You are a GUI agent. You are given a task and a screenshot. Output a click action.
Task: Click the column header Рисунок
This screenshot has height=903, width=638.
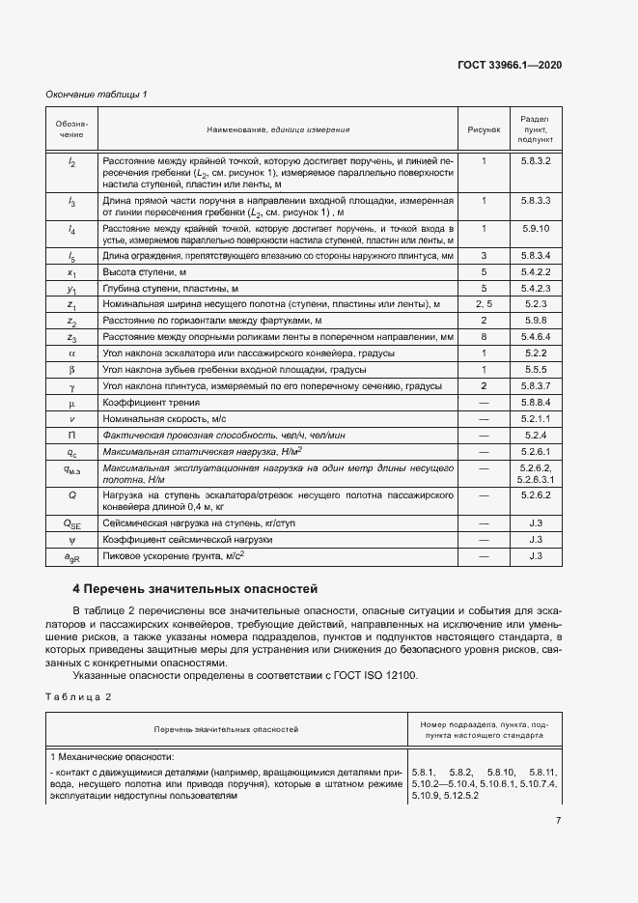click(483, 128)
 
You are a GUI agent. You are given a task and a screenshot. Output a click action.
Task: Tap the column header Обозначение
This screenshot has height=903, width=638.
click(72, 128)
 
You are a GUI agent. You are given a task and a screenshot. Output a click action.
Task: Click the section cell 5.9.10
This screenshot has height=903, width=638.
click(535, 228)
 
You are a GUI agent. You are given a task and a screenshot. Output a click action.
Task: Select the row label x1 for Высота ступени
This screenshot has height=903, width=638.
click(72, 273)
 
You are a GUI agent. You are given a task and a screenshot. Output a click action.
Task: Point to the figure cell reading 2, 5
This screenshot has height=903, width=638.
click(483, 304)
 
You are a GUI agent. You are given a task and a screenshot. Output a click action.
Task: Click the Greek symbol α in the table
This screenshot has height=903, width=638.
click(72, 353)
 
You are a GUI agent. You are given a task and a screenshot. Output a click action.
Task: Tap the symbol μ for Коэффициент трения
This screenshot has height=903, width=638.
click(72, 402)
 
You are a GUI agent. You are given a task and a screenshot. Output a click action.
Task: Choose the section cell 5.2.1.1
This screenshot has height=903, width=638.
click(535, 418)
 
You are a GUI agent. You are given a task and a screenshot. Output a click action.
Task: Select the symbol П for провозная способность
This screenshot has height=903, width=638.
click(72, 435)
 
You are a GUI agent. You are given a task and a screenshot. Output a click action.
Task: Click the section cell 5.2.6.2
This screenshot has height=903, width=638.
click(535, 494)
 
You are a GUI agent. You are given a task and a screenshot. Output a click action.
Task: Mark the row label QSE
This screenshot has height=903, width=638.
click(72, 523)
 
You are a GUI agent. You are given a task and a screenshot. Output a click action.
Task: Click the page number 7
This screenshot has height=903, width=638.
click(558, 820)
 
